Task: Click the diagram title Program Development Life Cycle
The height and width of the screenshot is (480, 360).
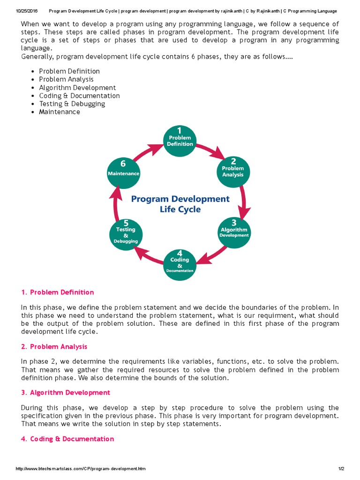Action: pos(180,204)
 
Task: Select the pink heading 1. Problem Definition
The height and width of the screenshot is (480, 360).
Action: pos(57,292)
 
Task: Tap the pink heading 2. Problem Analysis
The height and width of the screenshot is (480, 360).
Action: pos(54,347)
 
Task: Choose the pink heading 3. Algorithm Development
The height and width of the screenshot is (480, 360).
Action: pos(65,393)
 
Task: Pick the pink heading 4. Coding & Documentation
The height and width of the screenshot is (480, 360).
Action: pos(67,439)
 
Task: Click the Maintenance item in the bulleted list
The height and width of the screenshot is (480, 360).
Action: pos(60,112)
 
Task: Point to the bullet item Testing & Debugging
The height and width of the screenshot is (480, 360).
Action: pos(72,104)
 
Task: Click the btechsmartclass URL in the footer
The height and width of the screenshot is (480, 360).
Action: pos(76,469)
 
